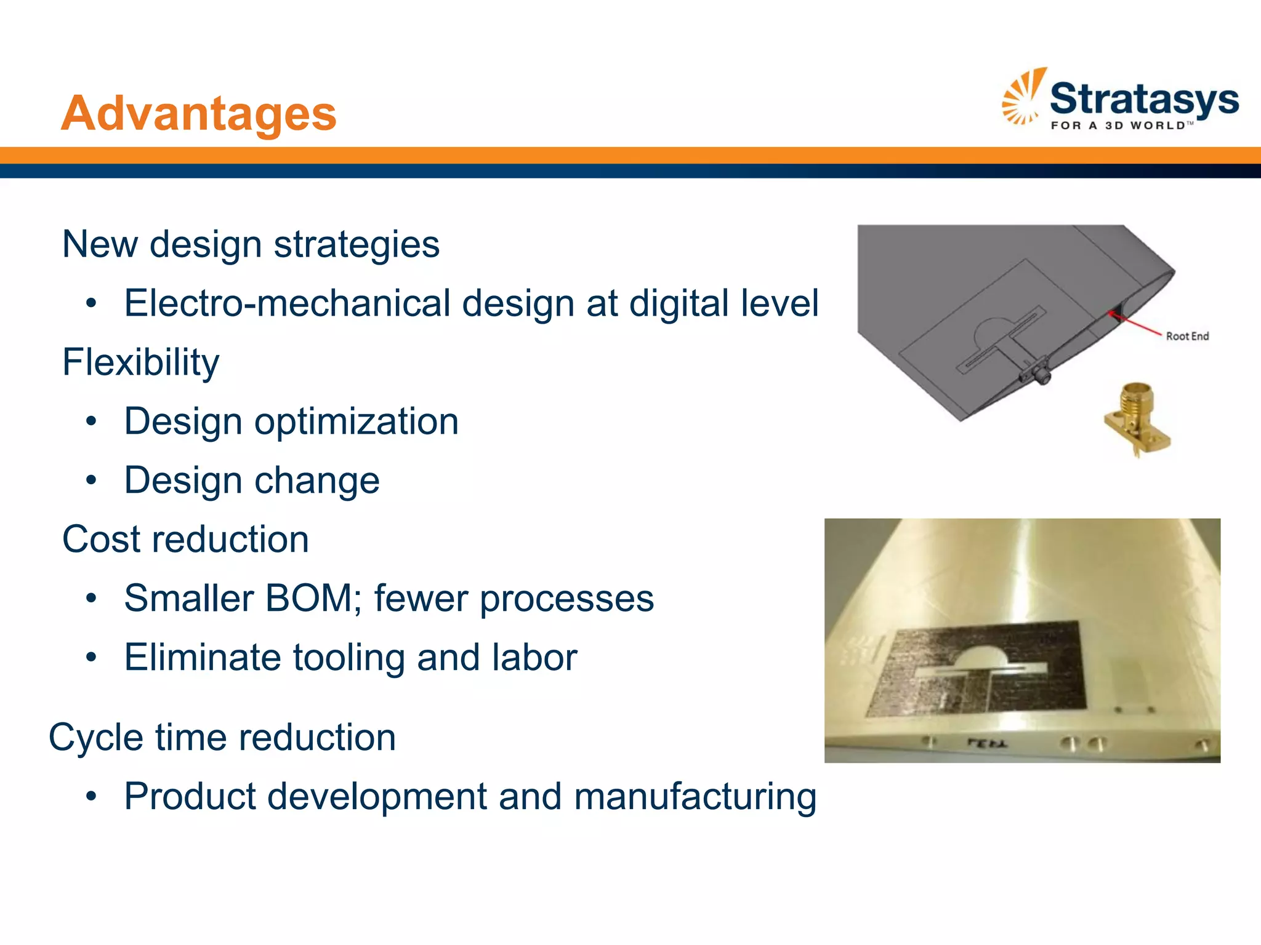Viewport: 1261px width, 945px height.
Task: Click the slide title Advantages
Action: [x=198, y=114]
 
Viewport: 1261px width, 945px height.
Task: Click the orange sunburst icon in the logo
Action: [x=1023, y=97]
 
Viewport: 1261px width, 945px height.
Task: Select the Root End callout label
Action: [x=1187, y=336]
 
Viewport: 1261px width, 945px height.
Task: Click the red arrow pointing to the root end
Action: [x=1136, y=325]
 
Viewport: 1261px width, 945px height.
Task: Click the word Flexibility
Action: [x=140, y=362]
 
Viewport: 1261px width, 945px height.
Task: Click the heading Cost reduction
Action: [x=185, y=540]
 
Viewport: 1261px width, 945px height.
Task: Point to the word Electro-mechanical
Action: [x=288, y=303]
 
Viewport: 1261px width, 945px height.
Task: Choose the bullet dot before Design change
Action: [x=92, y=480]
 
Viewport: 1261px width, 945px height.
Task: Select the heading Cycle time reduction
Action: [x=222, y=737]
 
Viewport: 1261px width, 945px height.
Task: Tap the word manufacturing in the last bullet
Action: [x=695, y=796]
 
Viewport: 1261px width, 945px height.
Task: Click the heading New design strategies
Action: [x=251, y=244]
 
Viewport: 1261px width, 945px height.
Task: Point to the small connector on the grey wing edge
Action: [x=1039, y=374]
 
